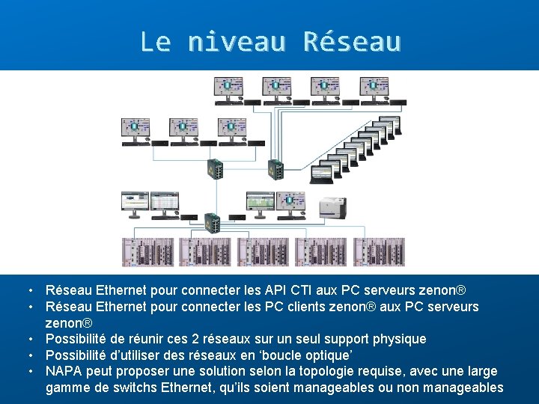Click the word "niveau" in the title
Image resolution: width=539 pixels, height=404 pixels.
coord(237,41)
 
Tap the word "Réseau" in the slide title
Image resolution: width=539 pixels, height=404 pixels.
coord(352,41)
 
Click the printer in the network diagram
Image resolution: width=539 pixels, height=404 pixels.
coord(333,206)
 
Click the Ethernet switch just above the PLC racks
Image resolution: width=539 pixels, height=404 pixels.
coord(211,223)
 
